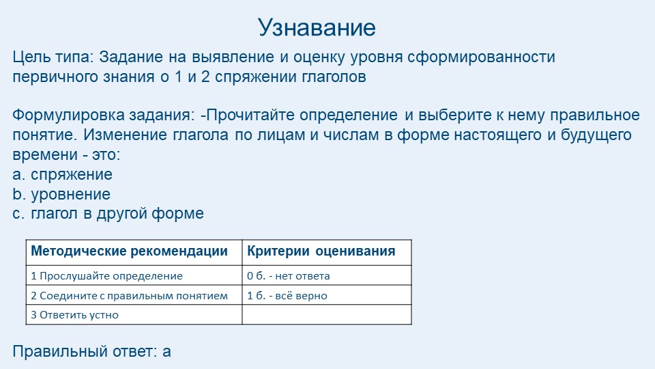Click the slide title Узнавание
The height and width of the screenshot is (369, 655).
point(317,28)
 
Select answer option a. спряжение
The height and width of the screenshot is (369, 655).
point(63,175)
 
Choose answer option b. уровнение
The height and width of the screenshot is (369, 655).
point(61,194)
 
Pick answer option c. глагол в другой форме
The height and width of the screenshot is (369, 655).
point(108,213)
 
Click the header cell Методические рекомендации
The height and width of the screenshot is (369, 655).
point(130,251)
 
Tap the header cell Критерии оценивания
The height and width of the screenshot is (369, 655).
point(321,251)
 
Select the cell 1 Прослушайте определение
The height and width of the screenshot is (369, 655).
point(107,276)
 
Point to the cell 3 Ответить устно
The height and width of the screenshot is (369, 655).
point(75,315)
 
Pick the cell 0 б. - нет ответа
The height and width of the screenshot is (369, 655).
point(289,276)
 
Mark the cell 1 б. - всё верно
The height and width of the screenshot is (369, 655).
point(287,296)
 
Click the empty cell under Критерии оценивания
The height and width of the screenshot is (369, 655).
point(327,315)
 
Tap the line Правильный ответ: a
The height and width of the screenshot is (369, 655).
point(91,352)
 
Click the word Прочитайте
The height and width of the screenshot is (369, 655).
point(261,114)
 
